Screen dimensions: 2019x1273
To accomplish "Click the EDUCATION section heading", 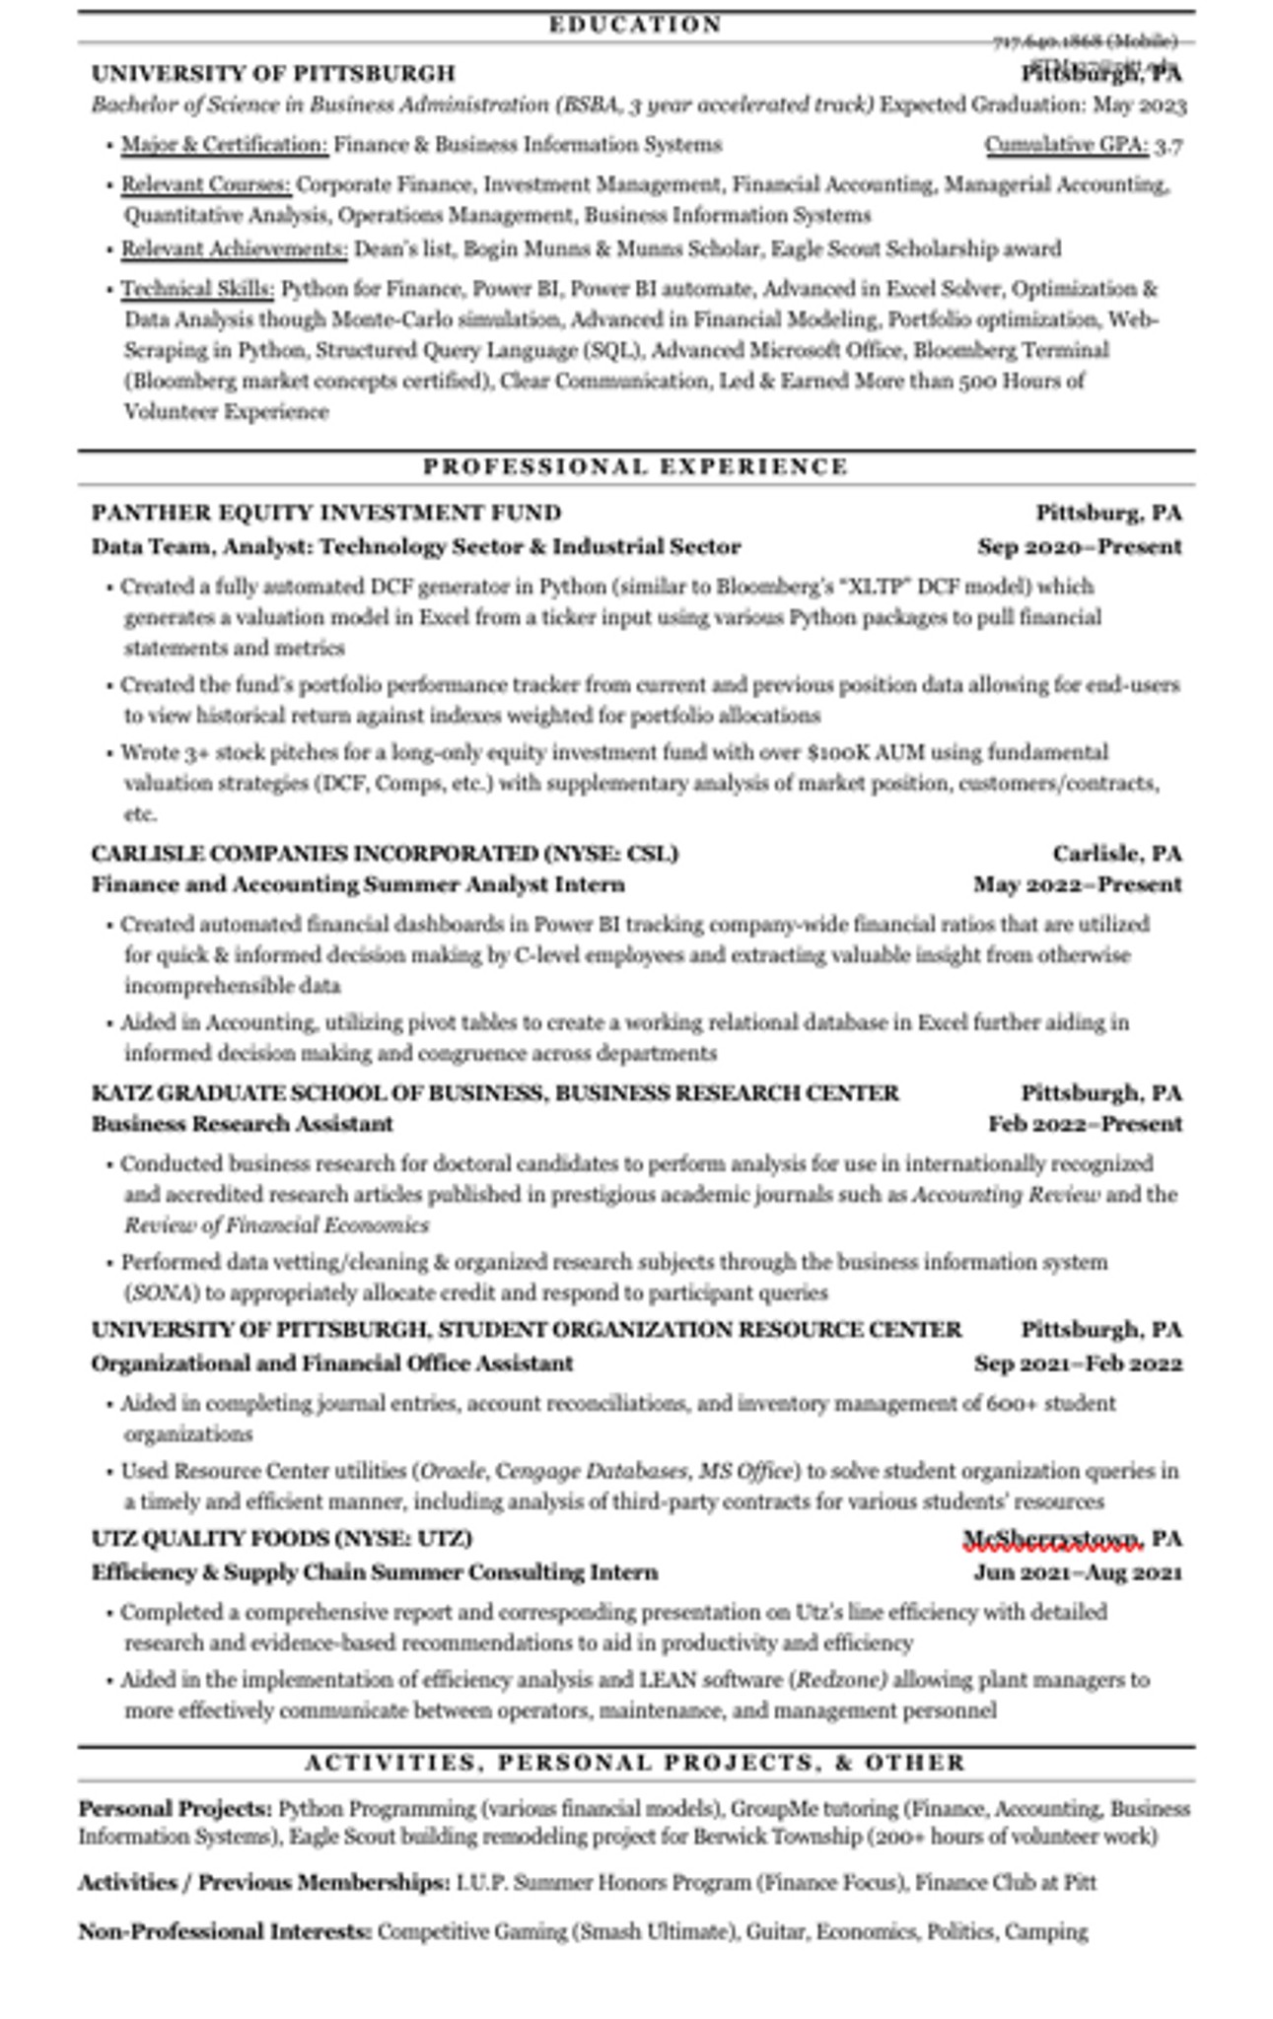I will click(x=635, y=25).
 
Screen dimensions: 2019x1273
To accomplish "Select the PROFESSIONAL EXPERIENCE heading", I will click(x=635, y=466).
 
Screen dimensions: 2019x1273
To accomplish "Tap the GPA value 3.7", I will click(x=1168, y=146).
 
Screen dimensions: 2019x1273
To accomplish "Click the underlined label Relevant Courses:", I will click(x=206, y=184).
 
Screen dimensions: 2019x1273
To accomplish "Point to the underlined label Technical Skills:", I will click(x=197, y=289).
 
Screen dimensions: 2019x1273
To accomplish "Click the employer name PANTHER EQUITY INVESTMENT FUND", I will click(x=326, y=513).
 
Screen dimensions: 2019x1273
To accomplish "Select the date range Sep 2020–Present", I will click(x=1079, y=546).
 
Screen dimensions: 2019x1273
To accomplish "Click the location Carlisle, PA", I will click(x=1116, y=853).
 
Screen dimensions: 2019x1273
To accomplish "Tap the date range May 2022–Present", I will click(x=1077, y=884).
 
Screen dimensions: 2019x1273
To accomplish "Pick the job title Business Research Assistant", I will click(x=243, y=1124).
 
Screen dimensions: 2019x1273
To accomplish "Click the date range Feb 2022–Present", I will click(x=1085, y=1124).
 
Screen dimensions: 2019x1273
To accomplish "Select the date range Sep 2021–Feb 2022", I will click(x=1078, y=1363).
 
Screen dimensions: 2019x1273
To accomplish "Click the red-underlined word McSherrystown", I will click(x=1051, y=1539).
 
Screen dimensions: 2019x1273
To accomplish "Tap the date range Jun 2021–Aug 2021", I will click(x=1078, y=1572).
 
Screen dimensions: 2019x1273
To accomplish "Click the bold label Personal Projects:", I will click(x=175, y=1809).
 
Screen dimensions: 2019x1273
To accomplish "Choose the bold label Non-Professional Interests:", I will click(x=225, y=1931).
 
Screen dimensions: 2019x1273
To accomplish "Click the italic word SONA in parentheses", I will click(x=161, y=1292).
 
